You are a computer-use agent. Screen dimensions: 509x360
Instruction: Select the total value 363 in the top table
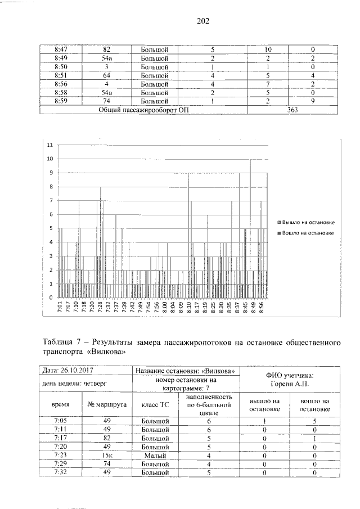(292, 110)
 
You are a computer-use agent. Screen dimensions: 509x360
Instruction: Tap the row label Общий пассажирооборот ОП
(143, 110)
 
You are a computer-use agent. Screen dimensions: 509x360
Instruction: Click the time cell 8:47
(61, 49)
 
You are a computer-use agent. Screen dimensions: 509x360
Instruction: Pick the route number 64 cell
(106, 75)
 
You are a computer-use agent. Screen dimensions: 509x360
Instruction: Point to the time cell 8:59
(61, 101)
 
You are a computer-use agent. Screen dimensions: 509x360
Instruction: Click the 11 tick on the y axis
(50, 145)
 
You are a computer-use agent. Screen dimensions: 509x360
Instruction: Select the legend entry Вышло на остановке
(308, 223)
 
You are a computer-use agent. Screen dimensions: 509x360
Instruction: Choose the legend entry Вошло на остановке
(308, 232)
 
